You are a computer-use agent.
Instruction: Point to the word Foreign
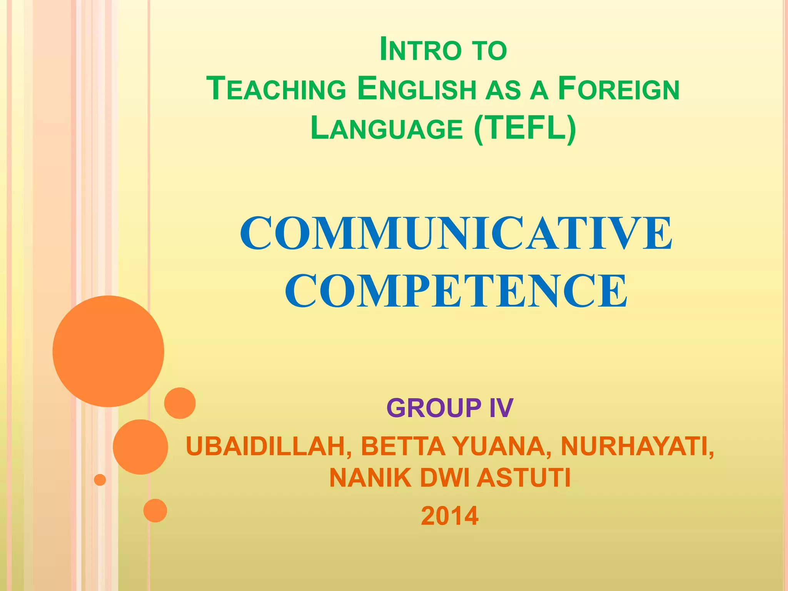tap(618, 89)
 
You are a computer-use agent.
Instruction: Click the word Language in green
tap(386, 129)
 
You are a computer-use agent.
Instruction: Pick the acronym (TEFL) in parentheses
tap(525, 129)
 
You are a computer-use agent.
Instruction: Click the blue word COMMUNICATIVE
tap(456, 233)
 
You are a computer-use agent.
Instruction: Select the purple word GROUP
tap(434, 408)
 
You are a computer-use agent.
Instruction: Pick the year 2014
tap(450, 516)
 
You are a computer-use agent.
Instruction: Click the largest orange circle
tap(109, 351)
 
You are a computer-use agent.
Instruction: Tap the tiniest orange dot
tap(100, 480)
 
